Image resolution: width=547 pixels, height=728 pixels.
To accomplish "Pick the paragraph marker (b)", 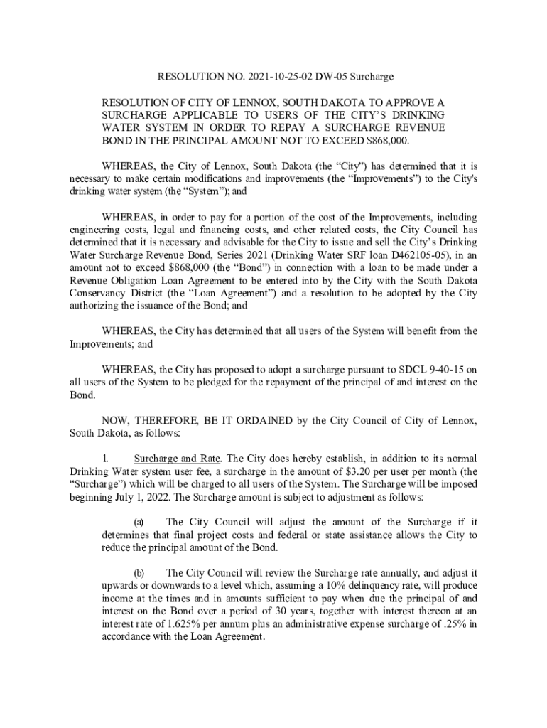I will pyautogui.click(x=139, y=573).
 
